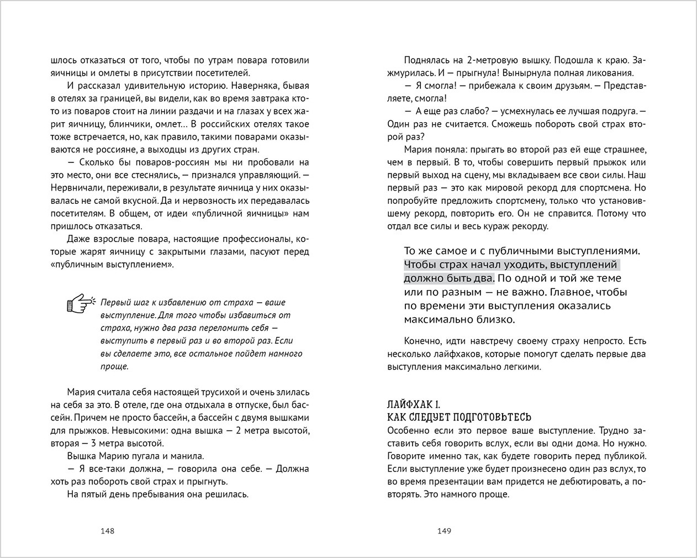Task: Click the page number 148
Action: (x=107, y=531)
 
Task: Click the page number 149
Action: (x=444, y=531)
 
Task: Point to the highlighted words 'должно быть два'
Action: (x=449, y=278)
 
